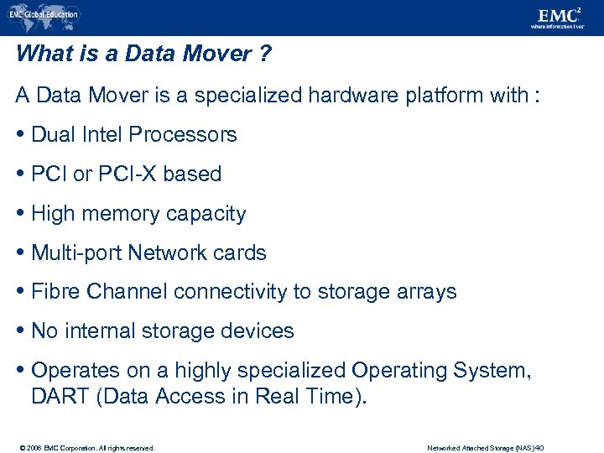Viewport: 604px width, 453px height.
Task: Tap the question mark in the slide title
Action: click(264, 55)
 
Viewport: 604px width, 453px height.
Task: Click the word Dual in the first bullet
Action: click(52, 135)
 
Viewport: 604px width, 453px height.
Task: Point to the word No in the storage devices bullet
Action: click(44, 331)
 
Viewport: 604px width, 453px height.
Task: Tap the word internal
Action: click(96, 331)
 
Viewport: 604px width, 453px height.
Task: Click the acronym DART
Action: click(61, 396)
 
